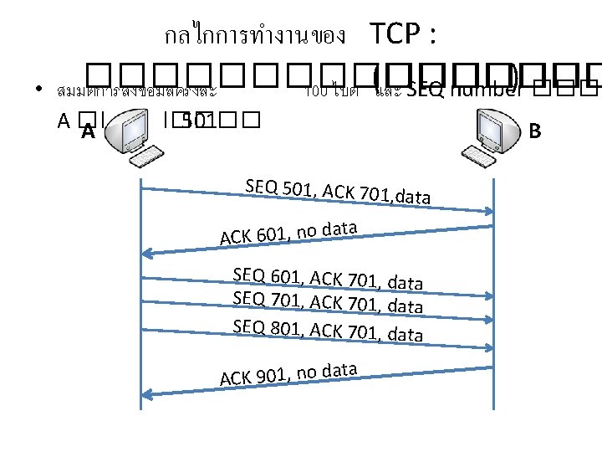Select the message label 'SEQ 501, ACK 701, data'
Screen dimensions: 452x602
pos(338,192)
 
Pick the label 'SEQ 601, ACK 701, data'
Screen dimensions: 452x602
pos(328,278)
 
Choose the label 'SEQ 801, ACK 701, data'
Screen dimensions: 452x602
pos(328,330)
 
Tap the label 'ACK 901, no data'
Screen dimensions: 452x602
pos(289,374)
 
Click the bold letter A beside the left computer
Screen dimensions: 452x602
pos(87,131)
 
